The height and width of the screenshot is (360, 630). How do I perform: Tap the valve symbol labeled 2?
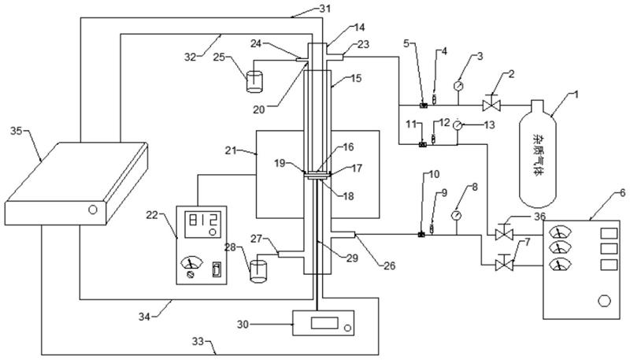pos(492,104)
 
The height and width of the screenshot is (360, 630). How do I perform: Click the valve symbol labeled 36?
pos(498,234)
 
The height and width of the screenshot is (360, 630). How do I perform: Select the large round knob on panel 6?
pos(604,300)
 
